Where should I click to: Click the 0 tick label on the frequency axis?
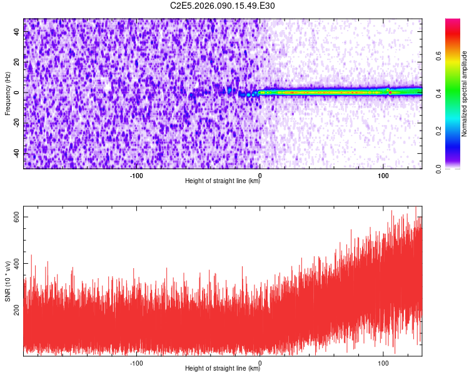pos(18,92)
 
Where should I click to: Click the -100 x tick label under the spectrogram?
pos(136,175)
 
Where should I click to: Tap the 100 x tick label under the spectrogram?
pos(383,175)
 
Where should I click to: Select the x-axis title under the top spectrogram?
pos(223,181)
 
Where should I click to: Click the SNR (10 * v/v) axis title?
pos(8,281)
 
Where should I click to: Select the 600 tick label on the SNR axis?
pos(18,217)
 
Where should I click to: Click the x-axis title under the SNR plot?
pos(223,369)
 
